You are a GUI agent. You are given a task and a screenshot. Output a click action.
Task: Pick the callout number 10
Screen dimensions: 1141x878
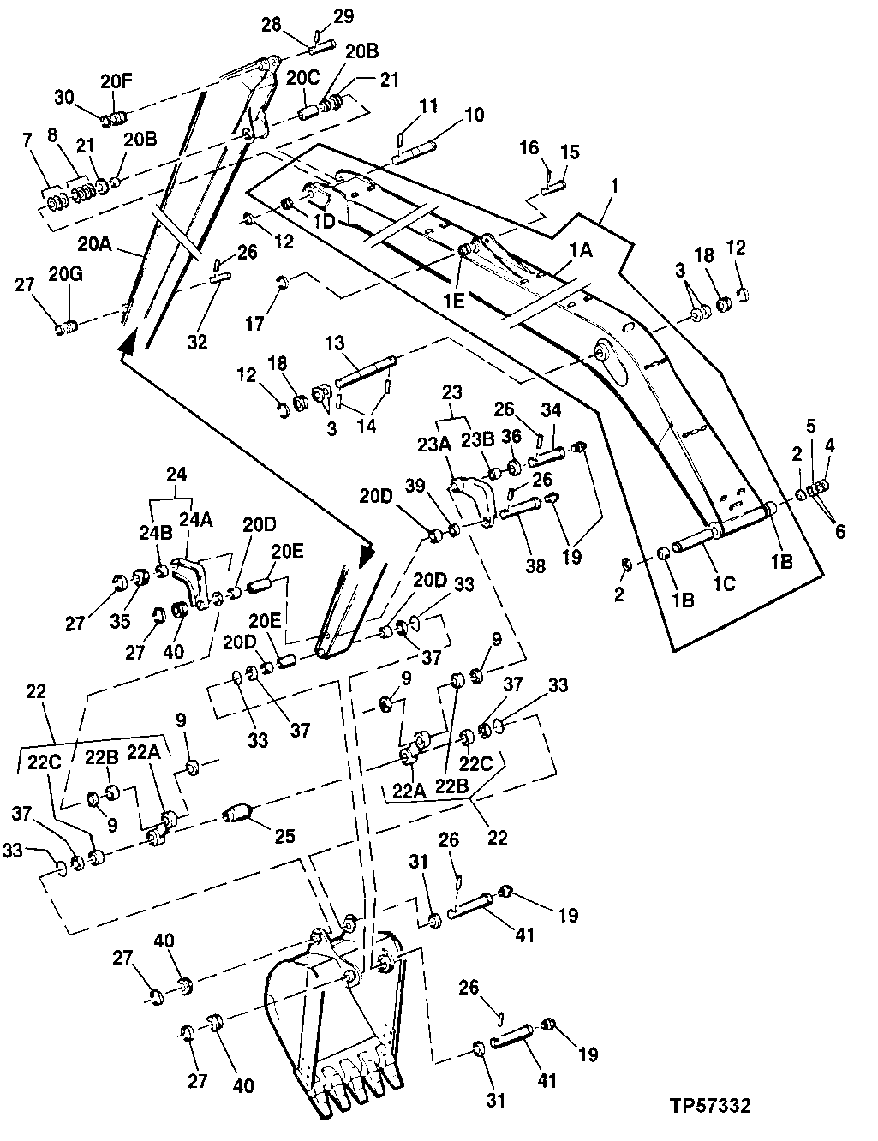(x=473, y=115)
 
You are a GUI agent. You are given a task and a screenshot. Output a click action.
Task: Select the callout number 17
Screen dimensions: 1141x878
(x=254, y=323)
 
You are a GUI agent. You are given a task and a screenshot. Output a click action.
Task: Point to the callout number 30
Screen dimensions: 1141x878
(x=66, y=97)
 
